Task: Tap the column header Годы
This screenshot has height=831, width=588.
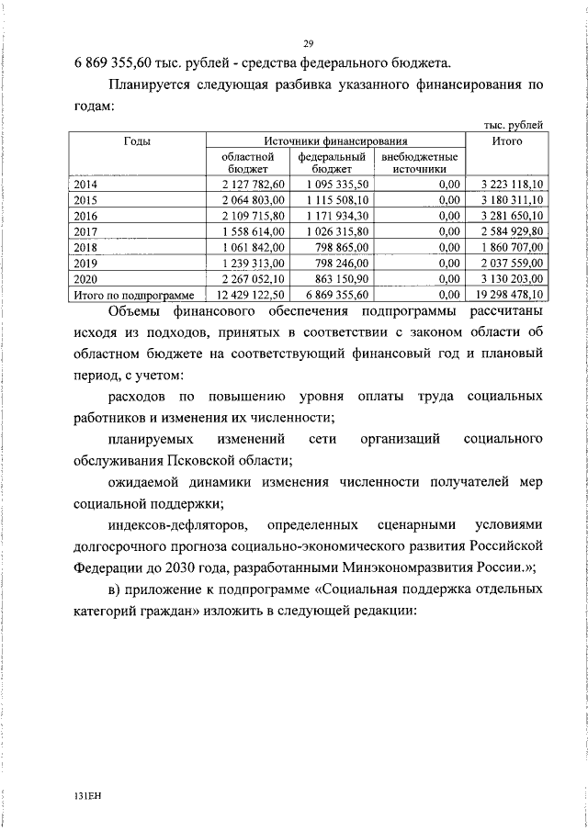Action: click(138, 141)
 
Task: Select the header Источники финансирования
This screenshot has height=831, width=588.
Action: click(335, 141)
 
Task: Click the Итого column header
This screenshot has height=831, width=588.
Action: click(506, 141)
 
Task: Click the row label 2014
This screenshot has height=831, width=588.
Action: click(85, 185)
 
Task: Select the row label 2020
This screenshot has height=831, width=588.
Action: click(85, 278)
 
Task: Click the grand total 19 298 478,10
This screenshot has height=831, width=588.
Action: click(508, 294)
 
